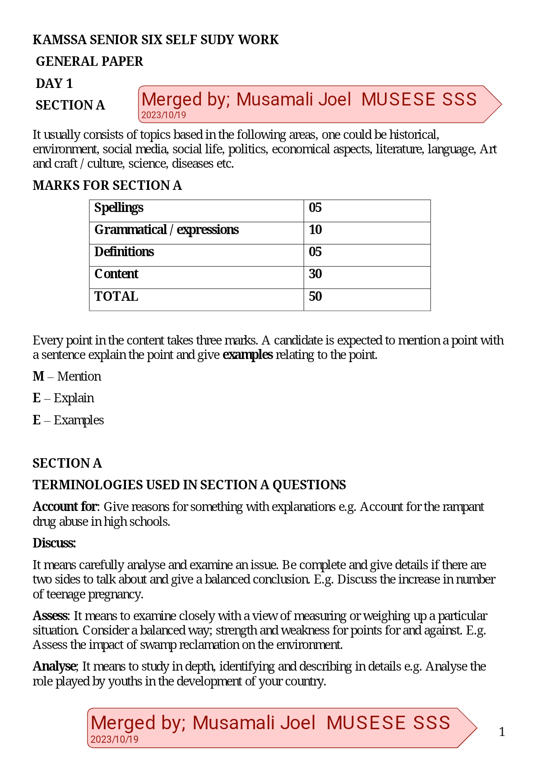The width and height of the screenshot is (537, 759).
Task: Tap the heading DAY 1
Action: [54, 83]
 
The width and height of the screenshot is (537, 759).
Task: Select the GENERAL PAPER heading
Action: [89, 62]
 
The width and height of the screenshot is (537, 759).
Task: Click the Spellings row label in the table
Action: [119, 207]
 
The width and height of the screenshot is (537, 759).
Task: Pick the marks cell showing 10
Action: [315, 230]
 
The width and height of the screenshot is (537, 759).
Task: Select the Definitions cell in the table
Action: [124, 252]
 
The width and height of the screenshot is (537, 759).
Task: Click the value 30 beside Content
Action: [315, 274]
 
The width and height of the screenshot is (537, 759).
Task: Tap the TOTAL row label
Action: [116, 296]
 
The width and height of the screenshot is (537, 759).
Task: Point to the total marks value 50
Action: [315, 296]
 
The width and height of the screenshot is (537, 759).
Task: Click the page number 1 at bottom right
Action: [502, 731]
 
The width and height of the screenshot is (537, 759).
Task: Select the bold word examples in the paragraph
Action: [248, 355]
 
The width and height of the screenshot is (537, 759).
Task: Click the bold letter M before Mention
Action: [38, 377]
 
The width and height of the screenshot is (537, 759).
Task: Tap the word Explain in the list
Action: [74, 398]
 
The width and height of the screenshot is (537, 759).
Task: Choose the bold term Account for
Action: [65, 507]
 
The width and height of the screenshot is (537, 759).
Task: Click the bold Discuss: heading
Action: [54, 543]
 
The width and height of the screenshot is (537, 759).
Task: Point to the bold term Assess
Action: [50, 616]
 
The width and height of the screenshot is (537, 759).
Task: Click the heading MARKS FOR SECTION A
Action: [107, 186]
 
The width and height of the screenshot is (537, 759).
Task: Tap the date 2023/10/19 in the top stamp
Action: [163, 115]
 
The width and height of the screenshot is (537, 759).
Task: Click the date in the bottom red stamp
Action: [114, 740]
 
